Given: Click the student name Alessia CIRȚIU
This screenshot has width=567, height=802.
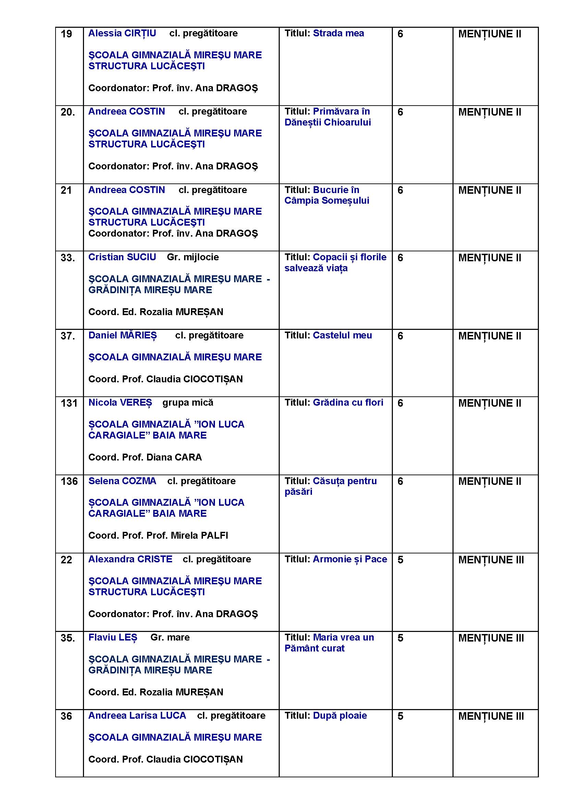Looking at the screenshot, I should (122, 33).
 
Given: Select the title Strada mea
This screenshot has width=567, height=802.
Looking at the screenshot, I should (338, 33).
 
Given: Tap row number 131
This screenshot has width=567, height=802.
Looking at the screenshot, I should (69, 403).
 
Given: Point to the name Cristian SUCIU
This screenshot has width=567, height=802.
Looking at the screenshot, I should (122, 257).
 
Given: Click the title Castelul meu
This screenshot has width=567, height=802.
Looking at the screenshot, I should (342, 335).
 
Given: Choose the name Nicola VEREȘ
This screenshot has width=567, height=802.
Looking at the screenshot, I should (120, 403).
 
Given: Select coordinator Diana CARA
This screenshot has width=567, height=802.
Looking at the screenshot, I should (174, 457).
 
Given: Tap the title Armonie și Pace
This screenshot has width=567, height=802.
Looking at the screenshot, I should (350, 559).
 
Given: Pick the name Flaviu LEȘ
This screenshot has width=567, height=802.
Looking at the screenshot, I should (113, 637).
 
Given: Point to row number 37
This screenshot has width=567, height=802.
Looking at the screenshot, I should (68, 336).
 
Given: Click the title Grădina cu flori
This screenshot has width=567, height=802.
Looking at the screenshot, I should (348, 403).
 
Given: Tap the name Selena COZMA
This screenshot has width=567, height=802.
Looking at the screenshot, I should (122, 481).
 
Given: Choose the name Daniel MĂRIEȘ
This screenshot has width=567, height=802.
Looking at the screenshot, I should (122, 335).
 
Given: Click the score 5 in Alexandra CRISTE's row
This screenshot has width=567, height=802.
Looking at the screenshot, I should (400, 560).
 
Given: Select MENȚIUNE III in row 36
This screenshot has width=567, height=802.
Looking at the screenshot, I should (491, 716).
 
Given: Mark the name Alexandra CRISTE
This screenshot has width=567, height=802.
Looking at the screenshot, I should (130, 559).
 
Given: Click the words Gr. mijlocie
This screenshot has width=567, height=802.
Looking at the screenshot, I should (193, 257).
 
